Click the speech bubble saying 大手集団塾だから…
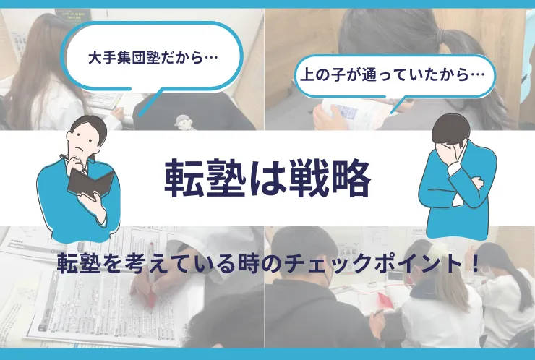point(152,58)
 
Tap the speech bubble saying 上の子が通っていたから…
point(394,75)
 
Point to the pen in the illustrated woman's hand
point(73,163)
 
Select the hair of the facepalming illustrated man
point(450,129)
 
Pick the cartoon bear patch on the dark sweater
point(183,122)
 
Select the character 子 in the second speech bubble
point(330,75)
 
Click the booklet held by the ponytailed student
point(355,113)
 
